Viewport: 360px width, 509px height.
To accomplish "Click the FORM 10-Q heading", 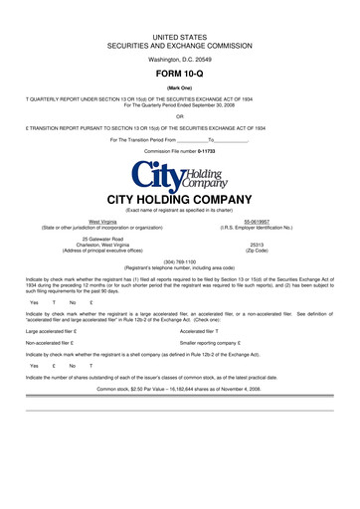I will click(x=180, y=75).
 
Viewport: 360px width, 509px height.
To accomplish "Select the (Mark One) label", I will click(x=180, y=87).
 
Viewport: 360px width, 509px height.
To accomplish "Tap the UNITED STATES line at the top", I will click(x=180, y=36).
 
